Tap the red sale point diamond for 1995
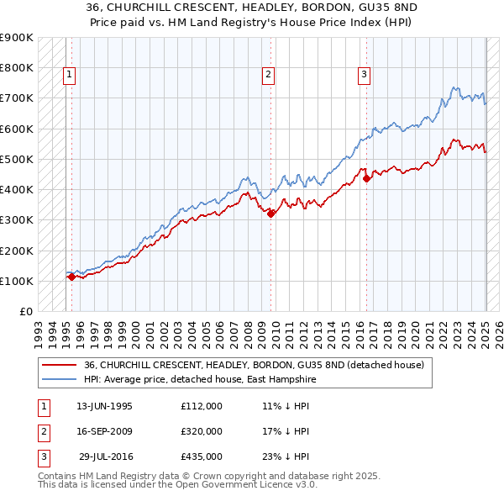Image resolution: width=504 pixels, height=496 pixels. pos(71,277)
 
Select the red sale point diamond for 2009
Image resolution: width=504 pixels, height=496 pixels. pos(271,214)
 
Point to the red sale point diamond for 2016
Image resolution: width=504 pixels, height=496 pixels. pos(367,178)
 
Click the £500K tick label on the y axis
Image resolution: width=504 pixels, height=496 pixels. pos(16,159)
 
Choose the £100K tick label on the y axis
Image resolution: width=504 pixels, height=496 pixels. pos(16,281)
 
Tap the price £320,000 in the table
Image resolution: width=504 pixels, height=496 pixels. pos(201,431)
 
